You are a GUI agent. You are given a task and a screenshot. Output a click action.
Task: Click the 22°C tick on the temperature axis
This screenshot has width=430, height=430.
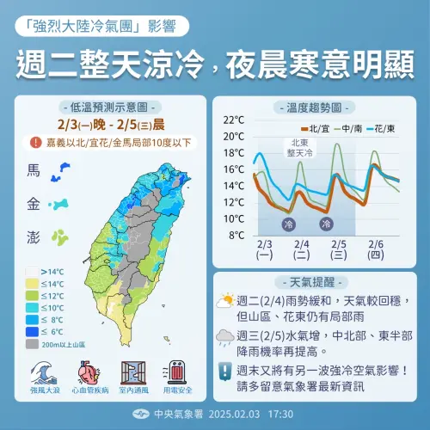click(x=234, y=120)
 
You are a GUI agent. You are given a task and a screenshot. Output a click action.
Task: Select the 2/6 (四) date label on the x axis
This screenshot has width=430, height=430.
click(x=374, y=249)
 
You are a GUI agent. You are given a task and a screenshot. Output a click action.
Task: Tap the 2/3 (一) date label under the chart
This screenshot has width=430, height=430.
click(x=265, y=249)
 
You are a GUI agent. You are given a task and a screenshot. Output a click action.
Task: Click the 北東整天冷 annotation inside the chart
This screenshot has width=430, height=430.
click(x=300, y=146)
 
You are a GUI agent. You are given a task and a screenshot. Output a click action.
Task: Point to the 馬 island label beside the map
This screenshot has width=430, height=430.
click(x=34, y=171)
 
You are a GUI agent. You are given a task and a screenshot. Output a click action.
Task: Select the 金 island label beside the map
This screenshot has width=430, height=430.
click(x=34, y=205)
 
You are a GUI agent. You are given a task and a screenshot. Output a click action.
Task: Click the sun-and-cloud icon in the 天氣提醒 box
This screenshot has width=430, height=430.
click(x=225, y=301)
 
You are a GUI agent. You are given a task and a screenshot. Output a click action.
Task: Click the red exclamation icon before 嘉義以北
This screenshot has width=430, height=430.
click(x=35, y=142)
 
